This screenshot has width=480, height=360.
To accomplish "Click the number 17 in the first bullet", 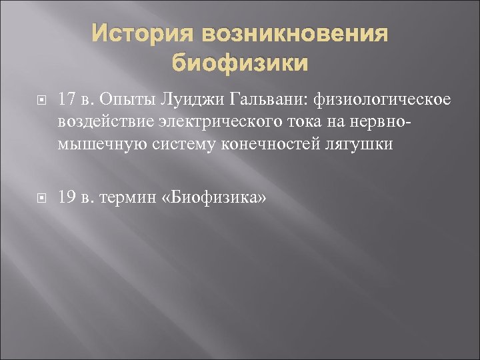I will (x=66, y=99).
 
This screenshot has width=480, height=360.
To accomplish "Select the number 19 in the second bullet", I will (x=66, y=197).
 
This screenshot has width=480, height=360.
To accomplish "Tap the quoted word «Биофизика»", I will (x=213, y=197).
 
